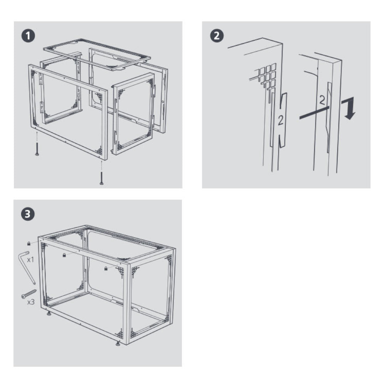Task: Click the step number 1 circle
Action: point(28,36)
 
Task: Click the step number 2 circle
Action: point(216,36)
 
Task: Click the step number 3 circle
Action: point(28,214)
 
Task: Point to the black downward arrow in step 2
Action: point(349,108)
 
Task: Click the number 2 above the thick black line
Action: point(322,100)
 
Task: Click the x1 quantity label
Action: point(30,259)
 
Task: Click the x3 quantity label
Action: point(31,302)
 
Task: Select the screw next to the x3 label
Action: point(29,294)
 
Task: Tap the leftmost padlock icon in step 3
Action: point(29,243)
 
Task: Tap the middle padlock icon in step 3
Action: point(64,255)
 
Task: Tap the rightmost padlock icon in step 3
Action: point(106,269)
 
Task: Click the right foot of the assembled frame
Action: point(118,343)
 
